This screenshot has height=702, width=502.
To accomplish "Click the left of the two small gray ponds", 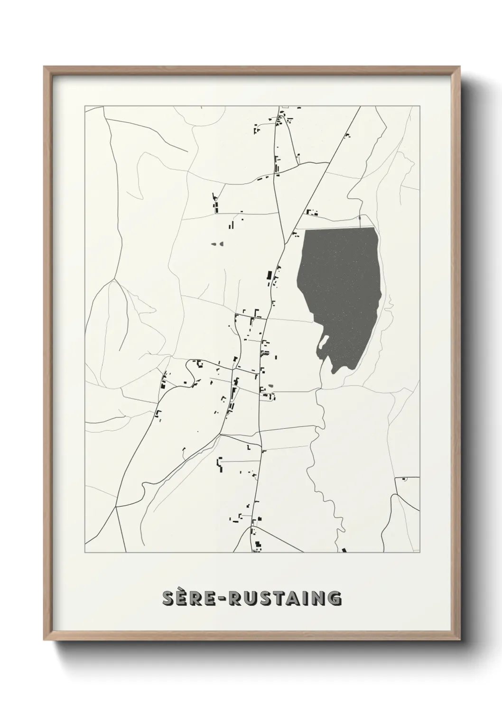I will click(213, 244).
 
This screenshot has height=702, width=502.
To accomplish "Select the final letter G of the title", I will click(334, 599).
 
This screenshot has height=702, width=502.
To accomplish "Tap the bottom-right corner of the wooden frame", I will click(460, 640).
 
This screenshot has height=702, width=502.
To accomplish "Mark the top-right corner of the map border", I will click(419, 106).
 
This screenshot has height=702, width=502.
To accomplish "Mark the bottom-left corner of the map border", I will click(85, 553).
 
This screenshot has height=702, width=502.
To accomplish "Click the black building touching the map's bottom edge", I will click(344, 550).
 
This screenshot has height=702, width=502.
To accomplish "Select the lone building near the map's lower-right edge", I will click(404, 480).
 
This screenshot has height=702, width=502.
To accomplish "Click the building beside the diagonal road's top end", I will click(347, 136).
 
